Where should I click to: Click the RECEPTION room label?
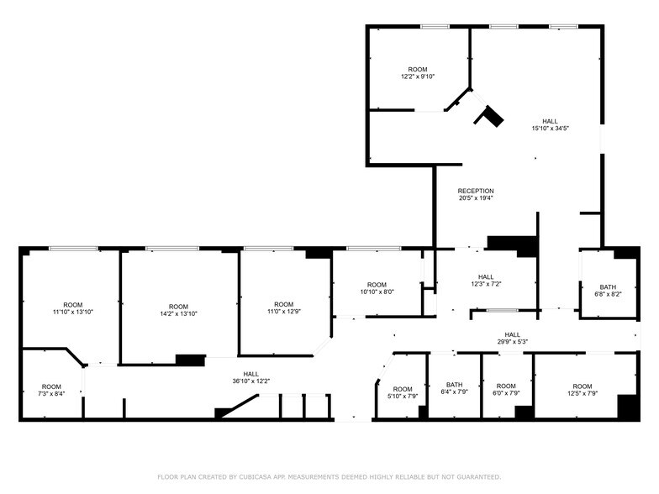(476, 191)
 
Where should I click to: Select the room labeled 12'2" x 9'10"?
(418, 73)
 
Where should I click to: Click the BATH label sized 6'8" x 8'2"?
(608, 290)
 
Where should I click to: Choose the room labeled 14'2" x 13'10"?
(178, 309)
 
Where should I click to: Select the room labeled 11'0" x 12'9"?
(283, 307)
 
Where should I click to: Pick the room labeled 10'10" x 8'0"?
(377, 287)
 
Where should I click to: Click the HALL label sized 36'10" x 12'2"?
(251, 376)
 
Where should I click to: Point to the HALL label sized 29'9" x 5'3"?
(512, 338)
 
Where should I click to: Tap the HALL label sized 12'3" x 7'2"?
(486, 280)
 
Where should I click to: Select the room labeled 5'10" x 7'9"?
(403, 392)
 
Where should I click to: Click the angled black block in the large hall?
(489, 116)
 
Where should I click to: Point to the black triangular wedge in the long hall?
(225, 412)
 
